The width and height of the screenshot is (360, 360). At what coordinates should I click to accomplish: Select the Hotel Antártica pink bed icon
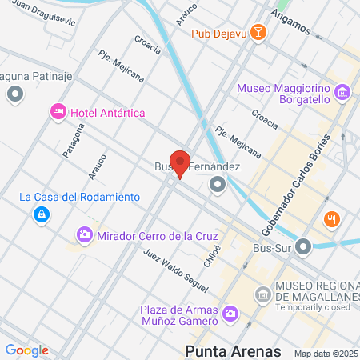tap(58, 111)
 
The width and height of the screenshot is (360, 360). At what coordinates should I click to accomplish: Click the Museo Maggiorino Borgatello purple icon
tap(342, 93)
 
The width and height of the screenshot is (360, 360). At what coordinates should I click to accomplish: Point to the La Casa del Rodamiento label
tap(80, 197)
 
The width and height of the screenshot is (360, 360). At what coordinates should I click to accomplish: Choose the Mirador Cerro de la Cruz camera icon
tap(84, 235)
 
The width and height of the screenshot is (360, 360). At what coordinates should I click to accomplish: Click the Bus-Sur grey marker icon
tap(302, 248)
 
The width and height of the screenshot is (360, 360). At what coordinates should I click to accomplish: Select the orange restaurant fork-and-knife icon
tap(331, 218)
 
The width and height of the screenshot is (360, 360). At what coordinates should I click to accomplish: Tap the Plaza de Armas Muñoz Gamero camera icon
tap(231, 313)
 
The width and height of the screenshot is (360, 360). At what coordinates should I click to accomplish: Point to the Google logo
tap(26, 350)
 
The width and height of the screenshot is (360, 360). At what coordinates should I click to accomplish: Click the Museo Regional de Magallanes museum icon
tap(262, 295)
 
